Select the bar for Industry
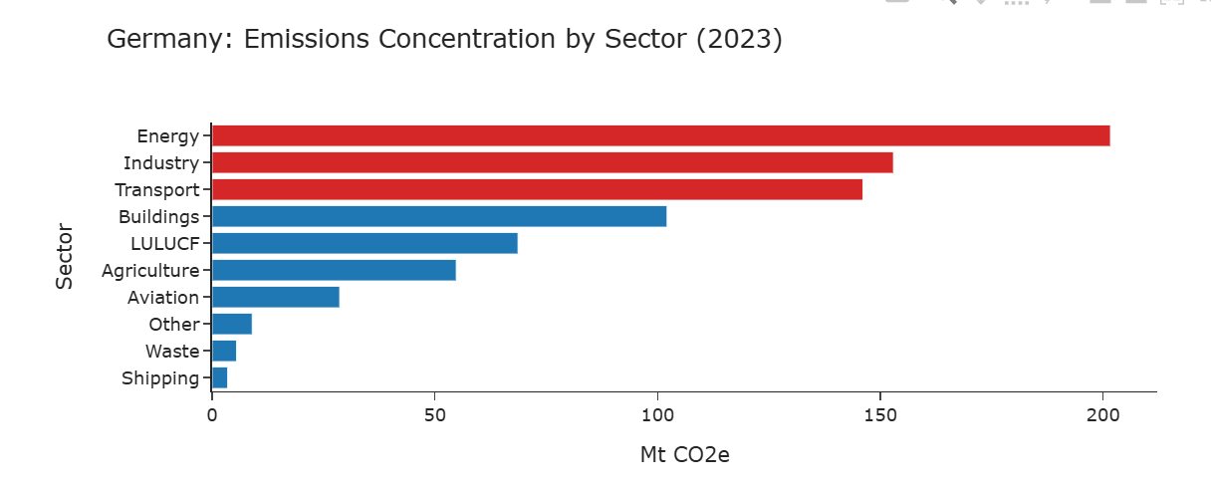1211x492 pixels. [552, 163]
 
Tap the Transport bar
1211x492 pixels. [537, 190]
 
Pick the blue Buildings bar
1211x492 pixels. [439, 216]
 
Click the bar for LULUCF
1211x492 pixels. [364, 243]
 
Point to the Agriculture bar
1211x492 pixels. [334, 270]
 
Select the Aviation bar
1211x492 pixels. [276, 297]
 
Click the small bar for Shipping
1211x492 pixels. [220, 377]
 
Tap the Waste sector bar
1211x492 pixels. [224, 351]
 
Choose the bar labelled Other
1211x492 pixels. [232, 324]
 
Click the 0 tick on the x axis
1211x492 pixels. [212, 413]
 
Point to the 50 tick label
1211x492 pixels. [434, 413]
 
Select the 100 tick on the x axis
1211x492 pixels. [657, 413]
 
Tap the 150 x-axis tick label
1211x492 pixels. [880, 413]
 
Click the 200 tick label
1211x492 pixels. [1102, 413]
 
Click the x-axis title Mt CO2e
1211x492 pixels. [684, 455]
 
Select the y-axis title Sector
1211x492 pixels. [65, 257]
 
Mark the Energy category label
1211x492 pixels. [168, 136]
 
